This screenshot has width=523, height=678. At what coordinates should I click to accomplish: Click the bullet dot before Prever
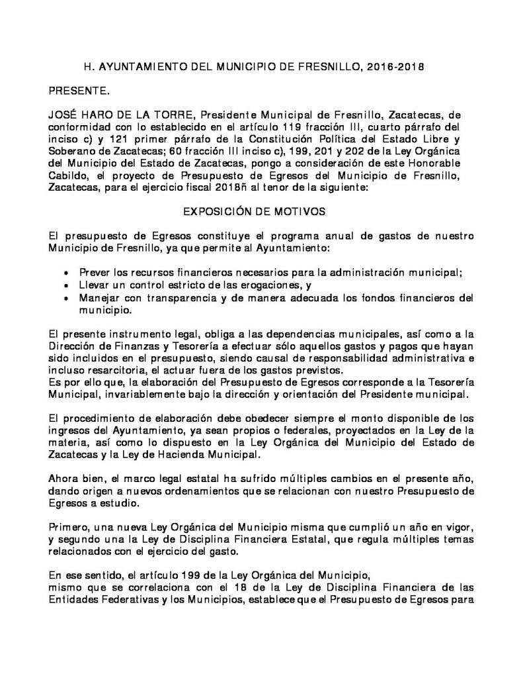[63, 273]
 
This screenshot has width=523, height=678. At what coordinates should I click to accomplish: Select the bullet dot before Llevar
[63, 285]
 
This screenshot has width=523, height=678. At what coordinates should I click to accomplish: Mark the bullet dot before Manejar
[63, 297]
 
